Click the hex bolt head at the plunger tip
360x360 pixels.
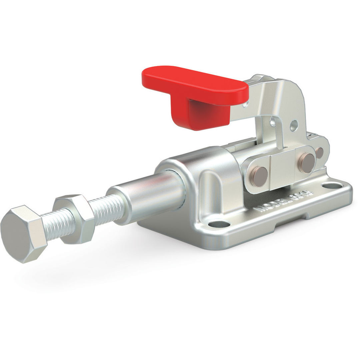tap(22, 233)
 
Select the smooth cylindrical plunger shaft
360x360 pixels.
tap(150, 197)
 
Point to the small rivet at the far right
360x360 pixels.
tap(319, 152)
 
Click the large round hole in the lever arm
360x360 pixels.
tap(294, 125)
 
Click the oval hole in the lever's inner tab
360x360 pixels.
tap(273, 121)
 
